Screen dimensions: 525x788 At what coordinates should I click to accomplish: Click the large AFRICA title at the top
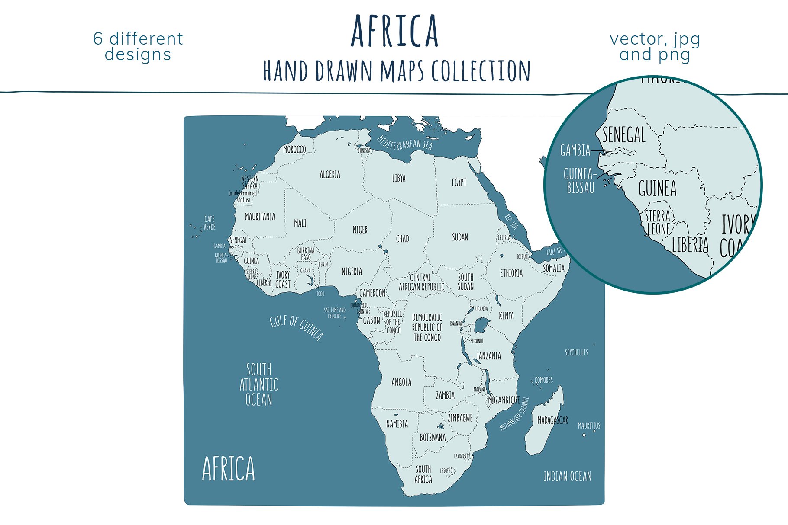click(395, 31)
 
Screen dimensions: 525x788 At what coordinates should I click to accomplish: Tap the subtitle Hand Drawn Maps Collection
click(397, 71)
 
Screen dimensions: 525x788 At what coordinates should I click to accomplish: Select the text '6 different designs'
click(138, 46)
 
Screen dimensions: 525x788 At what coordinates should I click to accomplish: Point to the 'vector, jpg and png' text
click(655, 47)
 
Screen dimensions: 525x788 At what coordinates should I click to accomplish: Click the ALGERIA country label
click(330, 175)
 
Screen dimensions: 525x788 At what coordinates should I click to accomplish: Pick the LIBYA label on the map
click(399, 178)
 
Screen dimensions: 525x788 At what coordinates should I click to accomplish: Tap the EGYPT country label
click(459, 182)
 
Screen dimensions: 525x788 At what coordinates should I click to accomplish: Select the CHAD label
click(402, 239)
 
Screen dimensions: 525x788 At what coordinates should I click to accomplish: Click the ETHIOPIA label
click(511, 273)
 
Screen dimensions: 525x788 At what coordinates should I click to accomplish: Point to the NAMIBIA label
click(397, 424)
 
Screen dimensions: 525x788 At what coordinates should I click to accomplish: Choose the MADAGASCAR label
click(552, 420)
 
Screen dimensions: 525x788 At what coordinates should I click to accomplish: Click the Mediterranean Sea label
click(404, 142)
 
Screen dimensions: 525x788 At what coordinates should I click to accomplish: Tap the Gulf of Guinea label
click(297, 327)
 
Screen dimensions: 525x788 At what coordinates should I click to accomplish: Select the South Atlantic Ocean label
click(259, 384)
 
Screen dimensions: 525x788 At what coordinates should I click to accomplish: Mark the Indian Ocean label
click(567, 477)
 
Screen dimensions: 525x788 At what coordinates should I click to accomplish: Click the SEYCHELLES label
click(576, 353)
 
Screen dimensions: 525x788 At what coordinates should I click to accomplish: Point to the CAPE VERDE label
click(210, 223)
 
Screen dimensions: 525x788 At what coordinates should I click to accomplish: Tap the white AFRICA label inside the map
click(229, 469)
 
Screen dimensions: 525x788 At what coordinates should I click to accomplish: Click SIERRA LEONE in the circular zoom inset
click(658, 222)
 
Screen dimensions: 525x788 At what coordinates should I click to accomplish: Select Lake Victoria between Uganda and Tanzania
click(481, 324)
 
